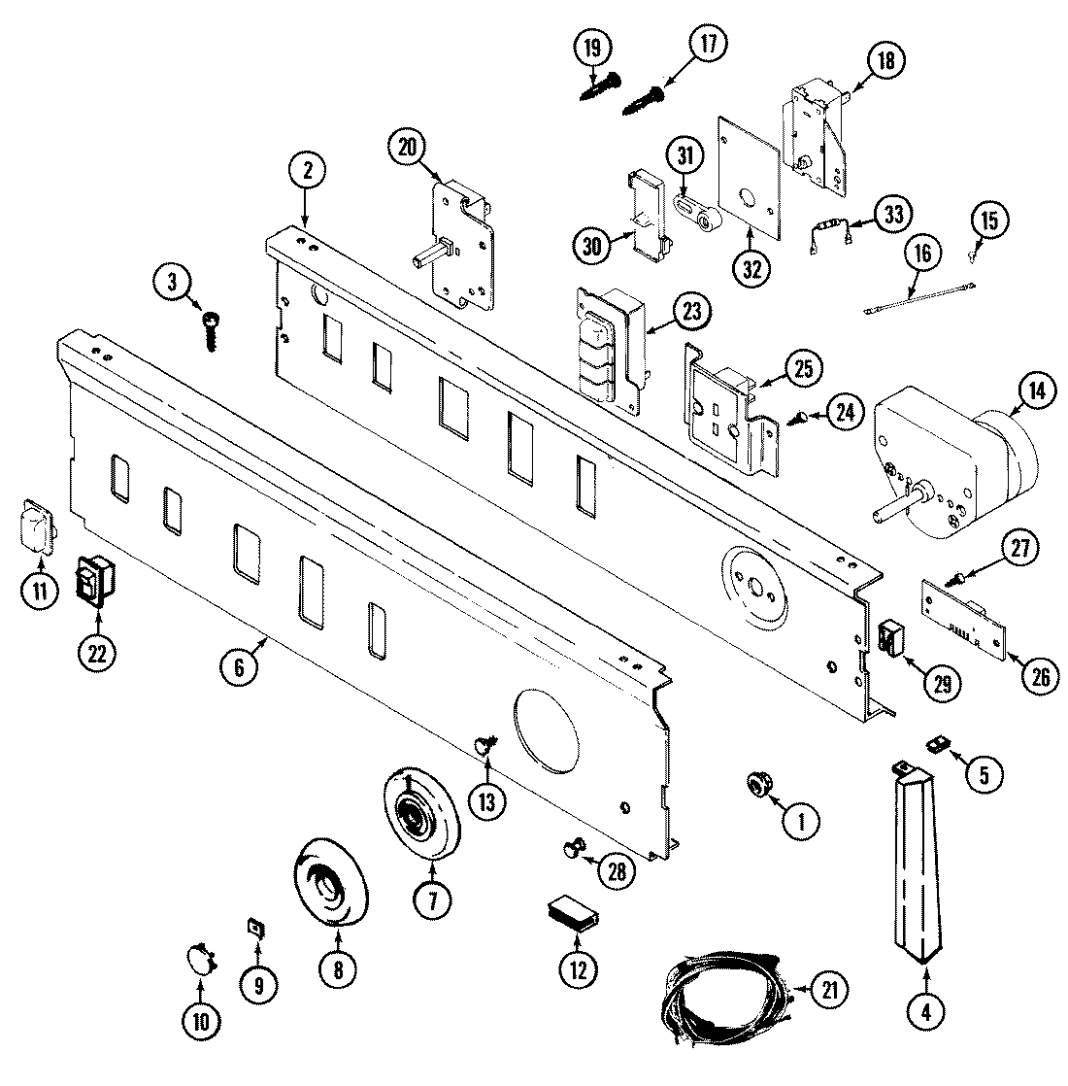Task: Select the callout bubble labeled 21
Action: coord(828,992)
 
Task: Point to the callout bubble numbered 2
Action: coord(307,172)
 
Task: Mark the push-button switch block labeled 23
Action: coord(609,345)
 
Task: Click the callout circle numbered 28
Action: coord(615,870)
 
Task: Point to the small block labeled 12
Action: coord(571,914)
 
